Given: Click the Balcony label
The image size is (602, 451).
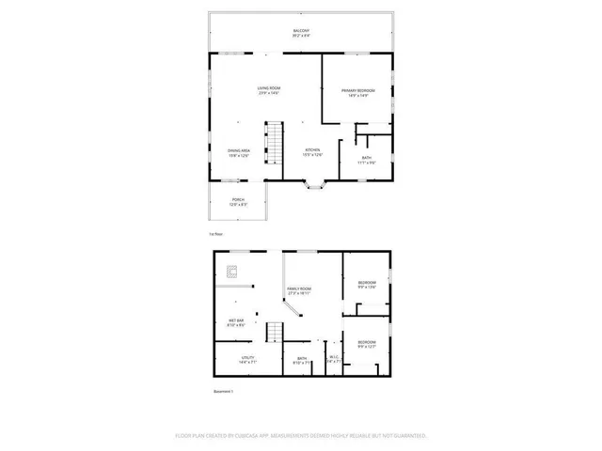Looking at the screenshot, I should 300,33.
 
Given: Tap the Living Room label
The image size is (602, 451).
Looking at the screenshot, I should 271,91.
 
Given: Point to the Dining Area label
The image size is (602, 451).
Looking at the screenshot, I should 238,153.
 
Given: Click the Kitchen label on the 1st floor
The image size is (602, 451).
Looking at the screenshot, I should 312,153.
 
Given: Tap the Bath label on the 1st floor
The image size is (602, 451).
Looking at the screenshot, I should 366,161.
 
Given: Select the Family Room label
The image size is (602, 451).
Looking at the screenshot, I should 300,291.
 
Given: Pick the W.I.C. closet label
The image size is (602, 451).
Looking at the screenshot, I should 331,358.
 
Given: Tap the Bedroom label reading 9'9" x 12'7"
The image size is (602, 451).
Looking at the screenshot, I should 366,344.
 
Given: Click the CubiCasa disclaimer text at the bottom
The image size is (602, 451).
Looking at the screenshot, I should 301,436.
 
